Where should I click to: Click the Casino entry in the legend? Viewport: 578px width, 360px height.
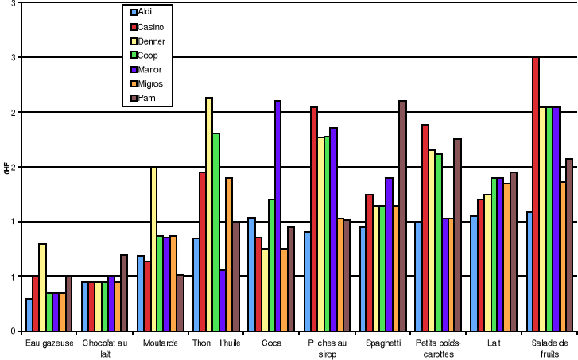point(149,27)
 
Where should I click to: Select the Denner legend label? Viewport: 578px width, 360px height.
point(150,41)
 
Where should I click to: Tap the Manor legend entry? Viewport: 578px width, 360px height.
point(149,70)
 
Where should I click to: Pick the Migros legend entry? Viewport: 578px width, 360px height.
point(149,84)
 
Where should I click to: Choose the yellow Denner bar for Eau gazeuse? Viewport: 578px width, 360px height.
point(42,287)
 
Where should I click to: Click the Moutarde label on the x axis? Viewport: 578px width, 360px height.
point(160,343)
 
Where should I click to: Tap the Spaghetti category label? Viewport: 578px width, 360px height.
point(383,343)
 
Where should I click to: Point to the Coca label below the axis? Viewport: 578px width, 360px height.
point(271,343)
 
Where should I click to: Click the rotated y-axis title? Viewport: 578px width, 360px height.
point(6,166)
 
